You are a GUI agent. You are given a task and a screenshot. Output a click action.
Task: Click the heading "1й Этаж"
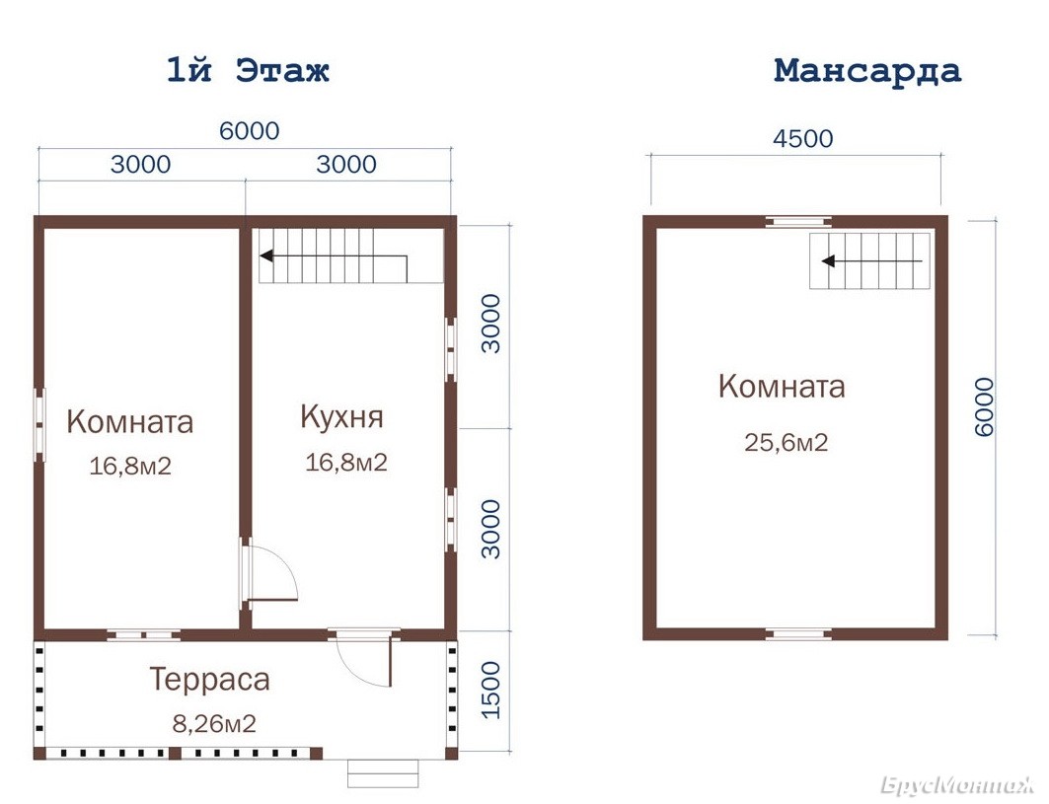(248, 70)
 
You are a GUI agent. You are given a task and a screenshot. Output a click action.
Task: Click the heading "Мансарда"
(867, 71)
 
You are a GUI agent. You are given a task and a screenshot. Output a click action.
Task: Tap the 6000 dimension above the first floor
(249, 130)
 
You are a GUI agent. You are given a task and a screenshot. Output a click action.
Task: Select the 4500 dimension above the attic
(803, 138)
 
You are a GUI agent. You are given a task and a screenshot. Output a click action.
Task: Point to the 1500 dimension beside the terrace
(491, 690)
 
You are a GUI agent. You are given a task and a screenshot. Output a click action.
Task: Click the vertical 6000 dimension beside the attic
(984, 406)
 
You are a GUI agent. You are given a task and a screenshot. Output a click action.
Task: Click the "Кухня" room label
(341, 416)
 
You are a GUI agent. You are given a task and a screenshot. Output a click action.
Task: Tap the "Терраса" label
(209, 679)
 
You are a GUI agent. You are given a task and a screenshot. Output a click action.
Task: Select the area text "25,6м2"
(787, 442)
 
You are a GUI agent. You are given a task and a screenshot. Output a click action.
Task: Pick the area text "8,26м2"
(214, 724)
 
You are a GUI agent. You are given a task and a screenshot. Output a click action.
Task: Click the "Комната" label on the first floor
(130, 421)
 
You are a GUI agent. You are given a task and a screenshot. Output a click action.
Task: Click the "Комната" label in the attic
(782, 386)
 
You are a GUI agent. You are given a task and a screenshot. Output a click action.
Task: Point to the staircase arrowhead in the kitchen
(266, 256)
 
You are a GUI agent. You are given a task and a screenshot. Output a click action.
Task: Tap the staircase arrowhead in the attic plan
(828, 260)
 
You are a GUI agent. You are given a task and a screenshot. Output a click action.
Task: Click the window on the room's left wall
(39, 425)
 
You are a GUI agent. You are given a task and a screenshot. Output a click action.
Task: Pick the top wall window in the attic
(798, 221)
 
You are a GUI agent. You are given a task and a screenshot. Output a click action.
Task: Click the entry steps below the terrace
(383, 773)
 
